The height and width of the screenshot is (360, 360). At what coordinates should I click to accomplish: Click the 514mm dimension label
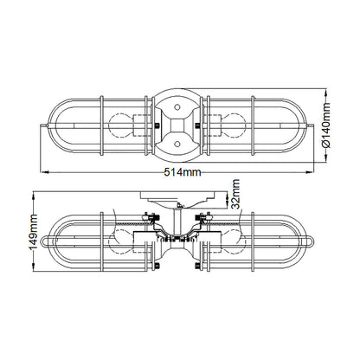click(183, 172)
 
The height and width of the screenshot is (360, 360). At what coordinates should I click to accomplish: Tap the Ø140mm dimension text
click(325, 125)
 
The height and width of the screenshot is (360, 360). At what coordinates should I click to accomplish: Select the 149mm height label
click(34, 232)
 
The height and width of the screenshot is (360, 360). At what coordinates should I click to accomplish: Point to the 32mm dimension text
click(236, 194)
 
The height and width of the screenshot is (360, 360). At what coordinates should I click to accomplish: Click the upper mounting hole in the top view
click(177, 107)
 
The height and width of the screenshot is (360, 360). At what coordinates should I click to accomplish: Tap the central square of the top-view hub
click(177, 125)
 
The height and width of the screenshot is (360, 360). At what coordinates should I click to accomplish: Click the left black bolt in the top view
click(157, 125)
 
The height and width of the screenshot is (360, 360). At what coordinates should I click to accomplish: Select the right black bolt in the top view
click(197, 125)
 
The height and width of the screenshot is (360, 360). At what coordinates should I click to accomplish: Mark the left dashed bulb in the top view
click(120, 125)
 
